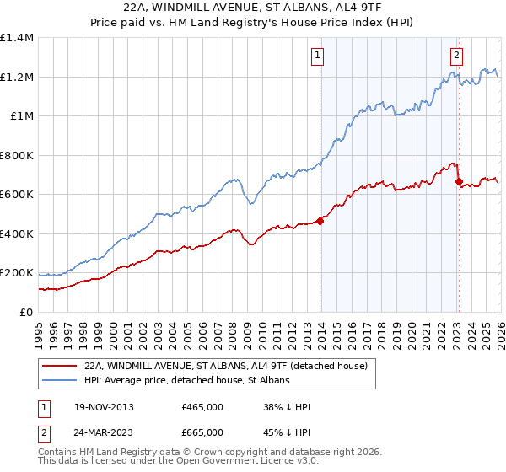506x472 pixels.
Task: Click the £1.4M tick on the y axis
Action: click(x=17, y=38)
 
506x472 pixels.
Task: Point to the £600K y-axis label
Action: click(x=17, y=195)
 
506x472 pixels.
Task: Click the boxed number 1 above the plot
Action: click(x=319, y=56)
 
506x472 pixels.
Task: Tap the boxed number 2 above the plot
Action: click(x=456, y=56)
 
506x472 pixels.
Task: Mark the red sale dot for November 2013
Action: click(x=320, y=222)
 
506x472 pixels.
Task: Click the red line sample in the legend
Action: click(x=59, y=367)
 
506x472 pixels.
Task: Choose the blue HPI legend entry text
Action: click(x=186, y=381)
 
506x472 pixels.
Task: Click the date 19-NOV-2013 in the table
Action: click(x=100, y=407)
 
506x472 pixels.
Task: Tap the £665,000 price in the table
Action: click(x=202, y=432)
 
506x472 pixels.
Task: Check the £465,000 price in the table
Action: click(x=202, y=407)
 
